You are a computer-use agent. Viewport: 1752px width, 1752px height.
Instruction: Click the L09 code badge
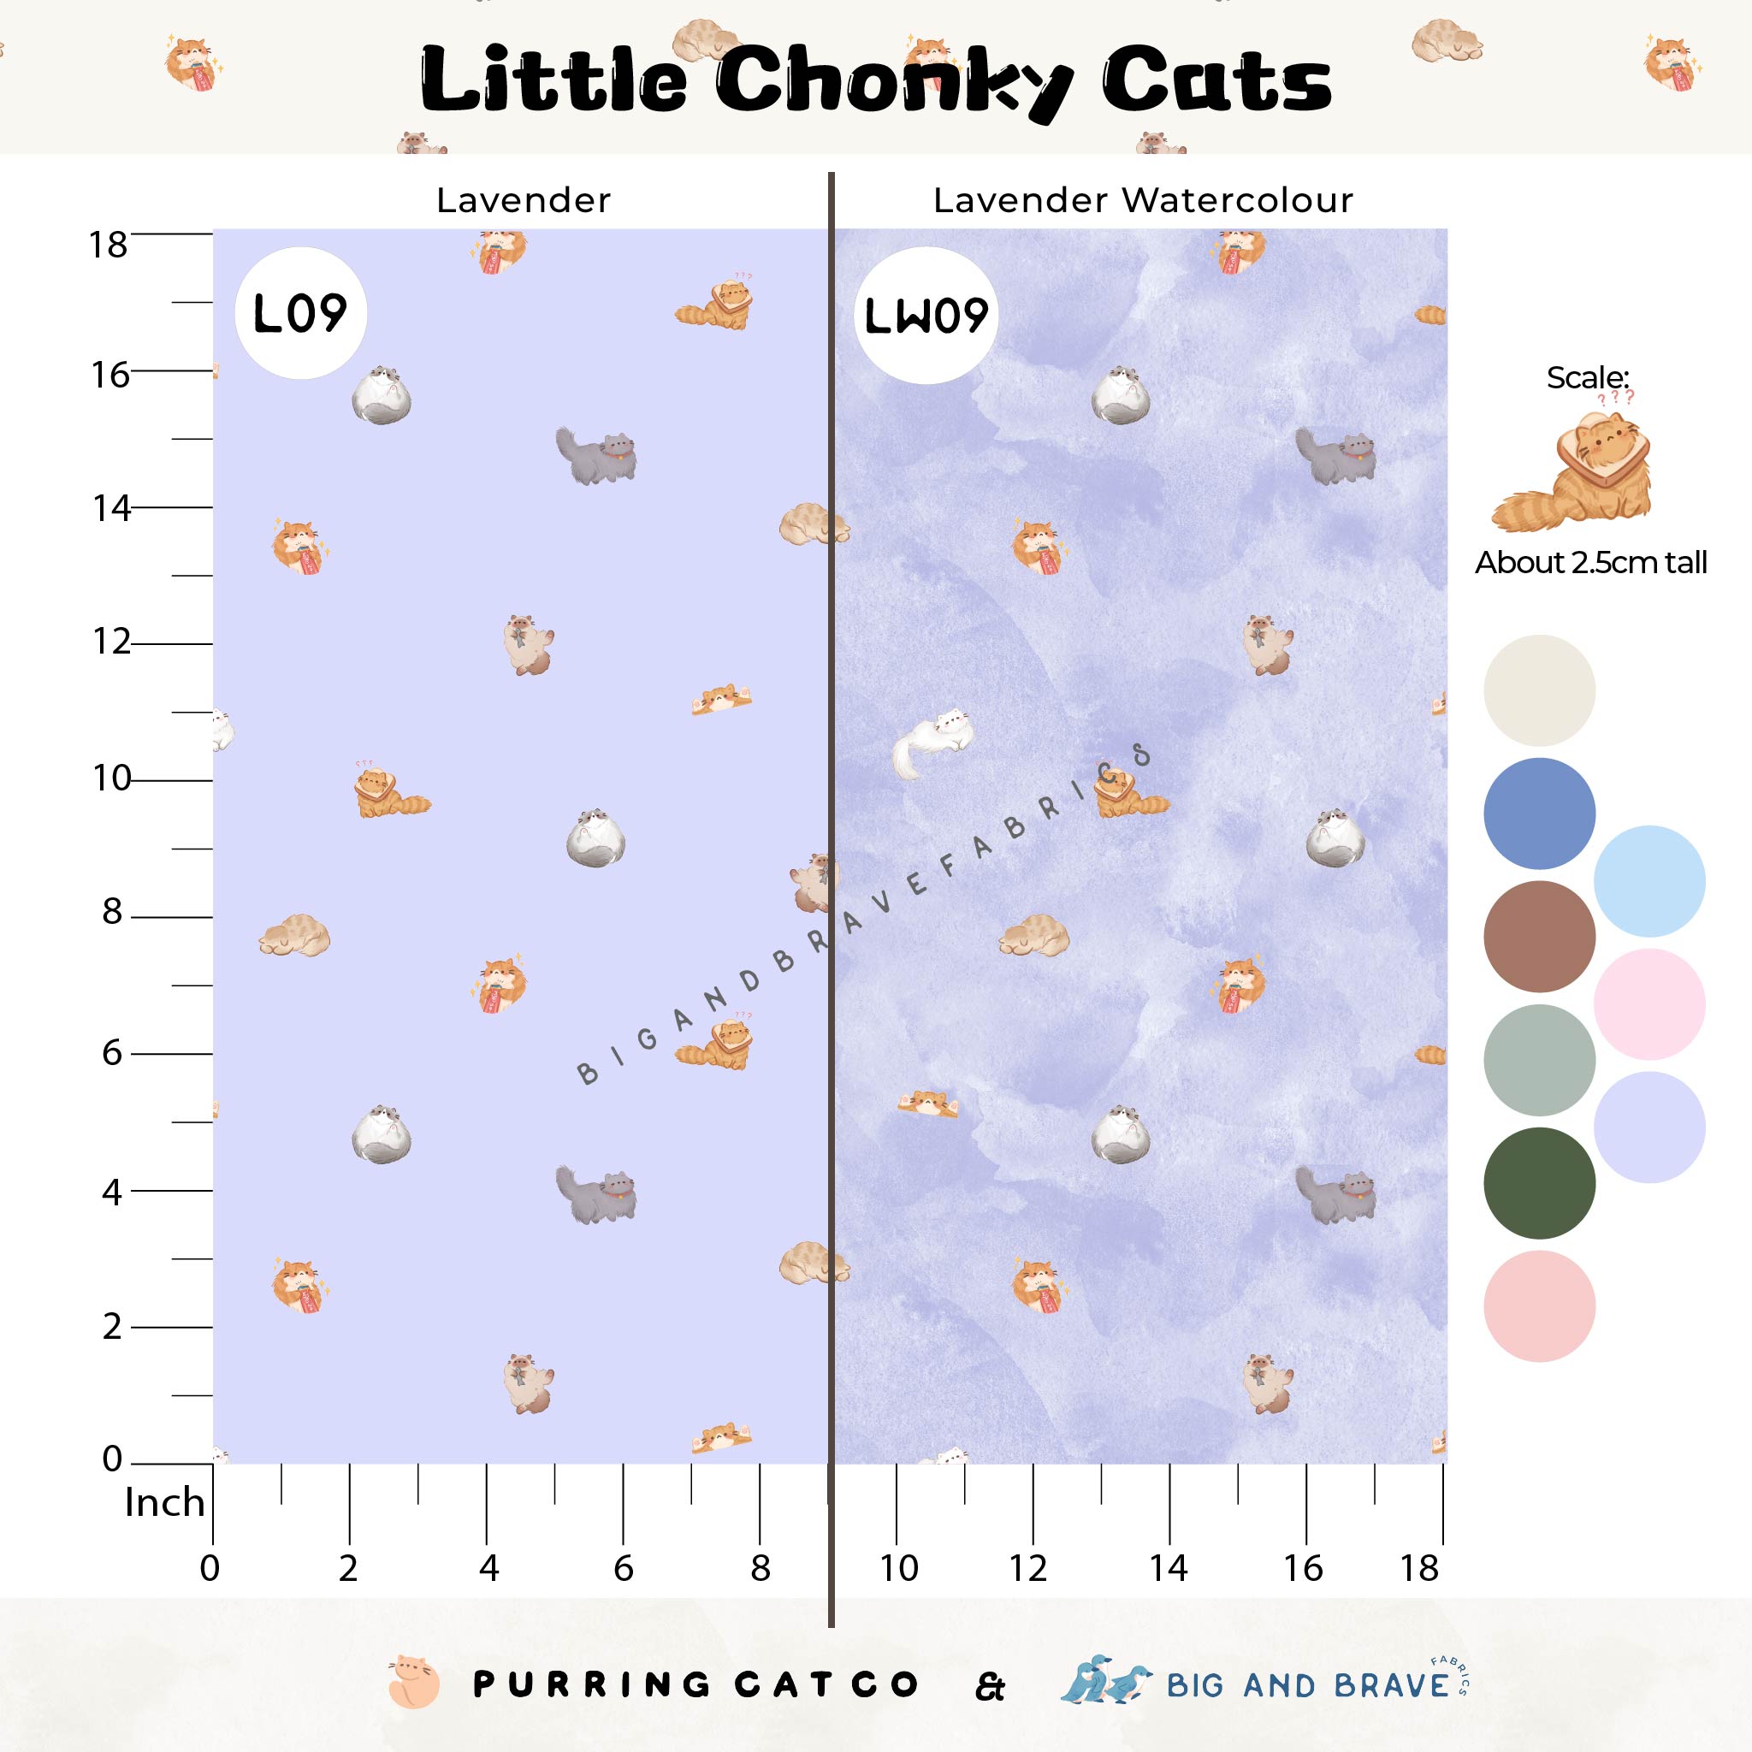pyautogui.click(x=300, y=314)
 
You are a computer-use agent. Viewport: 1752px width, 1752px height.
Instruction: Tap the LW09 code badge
pyautogui.click(x=925, y=316)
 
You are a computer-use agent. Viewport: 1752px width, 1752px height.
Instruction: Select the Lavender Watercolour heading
pyautogui.click(x=1143, y=200)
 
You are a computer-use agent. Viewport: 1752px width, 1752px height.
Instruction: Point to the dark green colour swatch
pyautogui.click(x=1539, y=1182)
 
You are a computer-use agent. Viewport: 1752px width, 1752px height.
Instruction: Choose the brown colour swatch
pyautogui.click(x=1539, y=936)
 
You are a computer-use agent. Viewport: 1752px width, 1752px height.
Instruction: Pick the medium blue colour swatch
pyautogui.click(x=1539, y=814)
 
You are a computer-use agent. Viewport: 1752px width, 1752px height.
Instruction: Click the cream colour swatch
pyautogui.click(x=1539, y=690)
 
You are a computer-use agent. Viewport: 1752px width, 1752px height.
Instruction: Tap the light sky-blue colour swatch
pyautogui.click(x=1648, y=880)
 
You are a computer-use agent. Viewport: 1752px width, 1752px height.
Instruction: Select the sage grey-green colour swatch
pyautogui.click(x=1539, y=1059)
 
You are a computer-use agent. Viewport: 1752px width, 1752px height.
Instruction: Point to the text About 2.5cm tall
pyautogui.click(x=1590, y=563)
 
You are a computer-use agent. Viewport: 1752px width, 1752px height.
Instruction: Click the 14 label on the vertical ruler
pyautogui.click(x=110, y=509)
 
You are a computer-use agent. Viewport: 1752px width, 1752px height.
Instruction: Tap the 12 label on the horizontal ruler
pyautogui.click(x=1028, y=1568)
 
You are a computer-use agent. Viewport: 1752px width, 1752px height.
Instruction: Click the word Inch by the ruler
pyautogui.click(x=164, y=1502)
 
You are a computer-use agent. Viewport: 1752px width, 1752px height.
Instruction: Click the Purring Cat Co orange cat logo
pyautogui.click(x=413, y=1685)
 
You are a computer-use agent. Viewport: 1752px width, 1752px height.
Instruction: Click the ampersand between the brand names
pyautogui.click(x=991, y=1688)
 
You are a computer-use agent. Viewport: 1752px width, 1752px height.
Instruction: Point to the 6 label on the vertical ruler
pyautogui.click(x=111, y=1053)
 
